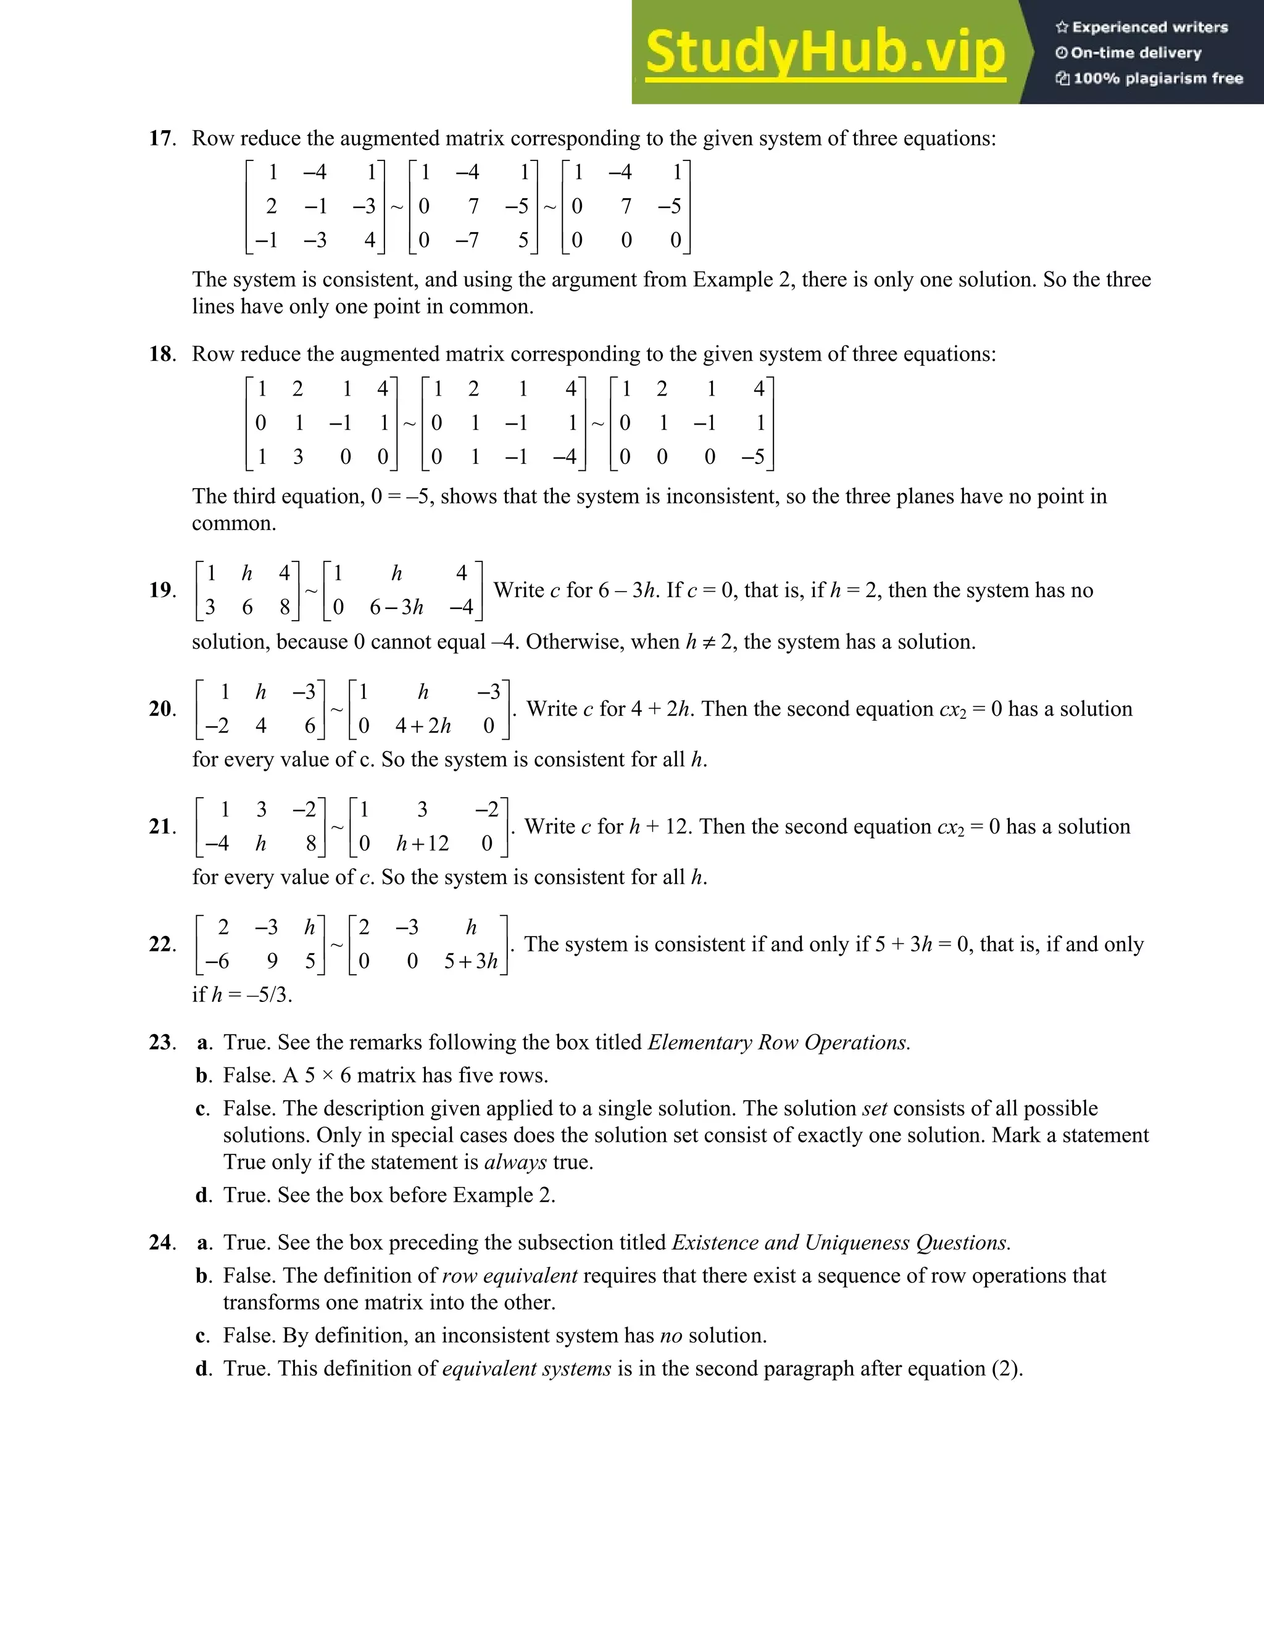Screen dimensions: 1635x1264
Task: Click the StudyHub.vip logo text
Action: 825,52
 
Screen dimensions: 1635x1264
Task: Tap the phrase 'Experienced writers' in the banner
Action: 1149,28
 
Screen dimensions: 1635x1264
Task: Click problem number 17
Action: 161,138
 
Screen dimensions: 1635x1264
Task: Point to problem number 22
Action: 161,945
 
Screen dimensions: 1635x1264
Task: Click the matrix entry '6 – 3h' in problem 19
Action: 396,607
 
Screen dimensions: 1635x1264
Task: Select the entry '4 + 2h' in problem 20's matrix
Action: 423,726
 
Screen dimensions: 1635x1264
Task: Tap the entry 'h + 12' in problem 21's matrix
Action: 422,843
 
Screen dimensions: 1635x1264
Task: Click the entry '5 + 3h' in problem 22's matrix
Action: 470,961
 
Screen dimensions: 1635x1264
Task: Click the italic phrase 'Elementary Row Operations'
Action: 779,1043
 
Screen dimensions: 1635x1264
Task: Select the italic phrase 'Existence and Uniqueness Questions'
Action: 841,1243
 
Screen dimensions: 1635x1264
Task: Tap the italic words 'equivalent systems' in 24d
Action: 526,1368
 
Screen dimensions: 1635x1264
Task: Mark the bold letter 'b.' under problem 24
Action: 204,1276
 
